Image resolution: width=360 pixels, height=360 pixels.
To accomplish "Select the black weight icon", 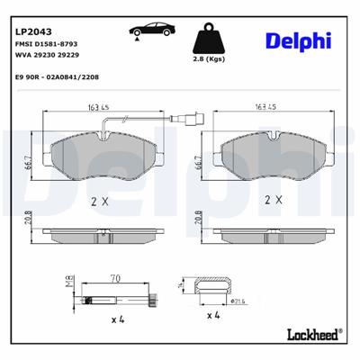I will [210, 37].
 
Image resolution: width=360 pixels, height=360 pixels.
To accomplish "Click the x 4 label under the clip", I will [214, 315].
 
